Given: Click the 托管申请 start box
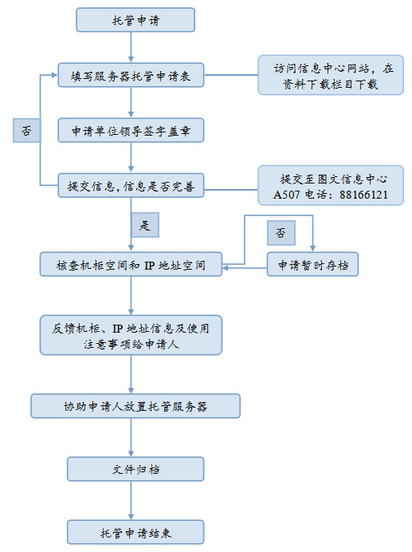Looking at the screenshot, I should click(135, 20).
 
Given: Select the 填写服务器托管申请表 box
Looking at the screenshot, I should click(131, 76).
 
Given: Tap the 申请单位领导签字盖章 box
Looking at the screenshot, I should click(131, 129).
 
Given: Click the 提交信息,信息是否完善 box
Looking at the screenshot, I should click(131, 187).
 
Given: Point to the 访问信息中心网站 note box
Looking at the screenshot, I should click(330, 76).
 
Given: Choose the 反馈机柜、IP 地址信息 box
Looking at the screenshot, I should click(131, 334).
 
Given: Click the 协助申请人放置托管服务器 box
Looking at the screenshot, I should click(135, 405).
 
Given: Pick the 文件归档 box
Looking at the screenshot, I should click(135, 469).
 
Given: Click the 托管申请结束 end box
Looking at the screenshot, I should click(135, 531).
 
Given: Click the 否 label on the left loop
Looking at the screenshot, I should click(26, 130).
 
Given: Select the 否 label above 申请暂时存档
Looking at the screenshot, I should click(281, 232).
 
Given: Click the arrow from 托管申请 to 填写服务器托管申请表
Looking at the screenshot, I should click(131, 47).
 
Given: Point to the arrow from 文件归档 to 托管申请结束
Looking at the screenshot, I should click(131, 500).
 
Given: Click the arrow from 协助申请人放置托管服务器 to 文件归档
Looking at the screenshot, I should click(131, 437).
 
